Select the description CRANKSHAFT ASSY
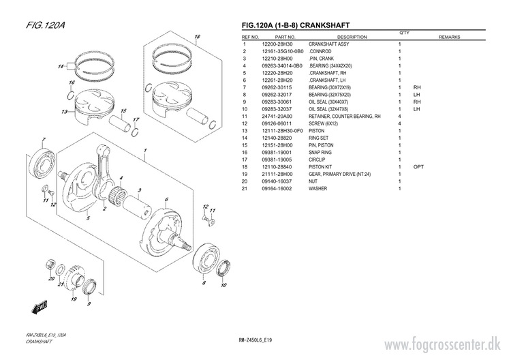[x=328, y=44]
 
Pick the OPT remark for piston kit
[x=418, y=166]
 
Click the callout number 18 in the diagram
[x=197, y=37]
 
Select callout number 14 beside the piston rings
[x=61, y=66]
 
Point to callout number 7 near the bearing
[x=44, y=140]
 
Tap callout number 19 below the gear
[x=73, y=299]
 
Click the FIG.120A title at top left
[x=46, y=26]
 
